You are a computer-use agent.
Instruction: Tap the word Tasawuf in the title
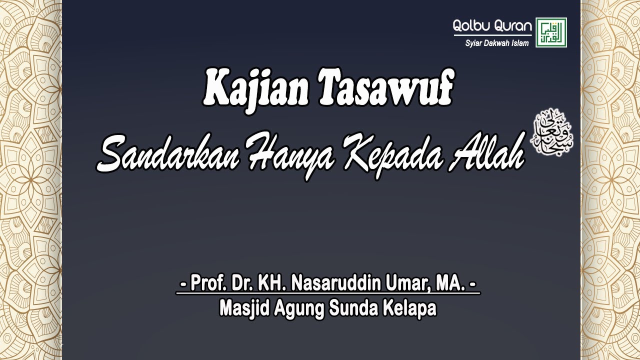coord(385,88)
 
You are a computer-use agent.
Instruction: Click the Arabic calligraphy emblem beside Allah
coord(551,131)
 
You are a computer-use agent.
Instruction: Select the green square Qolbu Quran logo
coord(551,32)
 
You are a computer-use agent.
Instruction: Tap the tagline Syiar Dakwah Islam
coord(496,43)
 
